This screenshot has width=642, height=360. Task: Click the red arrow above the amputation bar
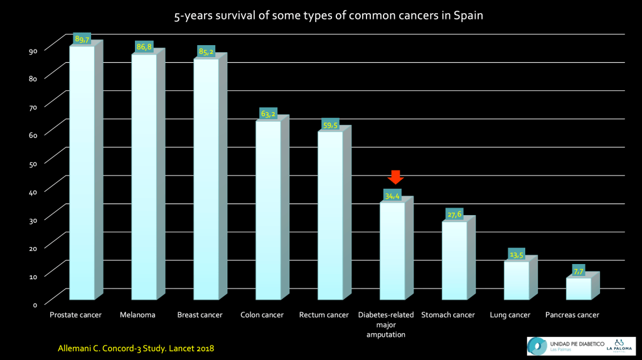pos(395,177)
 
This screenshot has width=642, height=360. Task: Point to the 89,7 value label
pos(82,39)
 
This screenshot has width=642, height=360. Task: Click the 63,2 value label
pos(269,114)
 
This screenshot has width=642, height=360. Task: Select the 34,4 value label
pos(393,196)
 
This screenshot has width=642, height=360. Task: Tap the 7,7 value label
pos(579,271)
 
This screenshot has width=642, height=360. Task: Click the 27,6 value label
pos(454,214)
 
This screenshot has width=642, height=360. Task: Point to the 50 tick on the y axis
pos(34,163)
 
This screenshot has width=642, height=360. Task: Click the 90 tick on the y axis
pos(34,50)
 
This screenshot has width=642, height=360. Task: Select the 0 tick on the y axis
pos(35,304)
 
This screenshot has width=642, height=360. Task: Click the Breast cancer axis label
pos(200,315)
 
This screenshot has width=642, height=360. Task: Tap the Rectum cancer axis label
pos(324,315)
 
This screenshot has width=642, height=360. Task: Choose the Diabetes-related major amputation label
pos(386,324)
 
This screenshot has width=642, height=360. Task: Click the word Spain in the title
pos(469,16)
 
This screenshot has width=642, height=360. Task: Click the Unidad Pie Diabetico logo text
pos(577,344)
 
